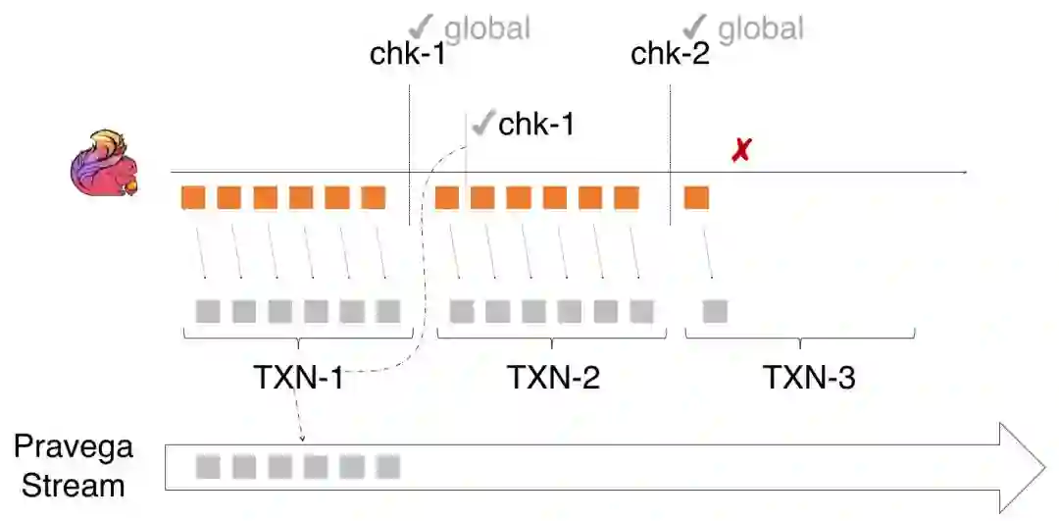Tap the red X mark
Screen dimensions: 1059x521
(742, 150)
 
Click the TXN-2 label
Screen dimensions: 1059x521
(553, 377)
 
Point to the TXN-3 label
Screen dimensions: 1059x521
(809, 377)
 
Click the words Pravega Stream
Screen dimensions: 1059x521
(73, 466)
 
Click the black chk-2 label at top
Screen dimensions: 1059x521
(670, 53)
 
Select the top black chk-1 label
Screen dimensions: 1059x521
(407, 53)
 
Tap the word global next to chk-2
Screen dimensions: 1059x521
(761, 28)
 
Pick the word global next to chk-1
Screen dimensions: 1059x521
(487, 28)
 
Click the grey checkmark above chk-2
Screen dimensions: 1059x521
(696, 26)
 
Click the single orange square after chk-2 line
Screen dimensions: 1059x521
(696, 198)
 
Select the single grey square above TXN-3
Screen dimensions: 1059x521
(715, 311)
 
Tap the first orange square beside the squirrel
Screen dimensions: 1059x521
(193, 198)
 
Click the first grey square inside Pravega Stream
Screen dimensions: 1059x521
(207, 466)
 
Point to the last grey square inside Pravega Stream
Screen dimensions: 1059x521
(388, 466)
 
